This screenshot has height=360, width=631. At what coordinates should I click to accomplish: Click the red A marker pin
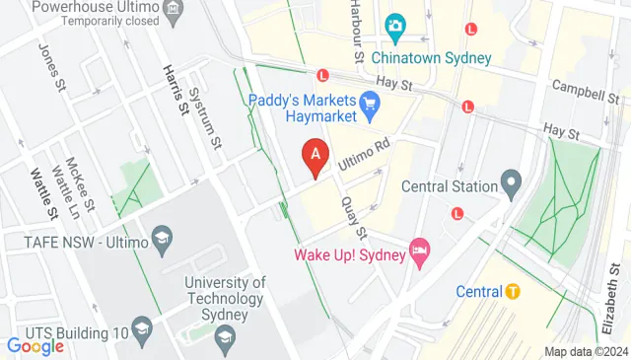pos(315,156)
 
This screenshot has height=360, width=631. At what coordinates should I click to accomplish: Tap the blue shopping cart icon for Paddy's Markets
pos(371,103)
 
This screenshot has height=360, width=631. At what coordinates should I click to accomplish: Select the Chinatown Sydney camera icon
pos(395,27)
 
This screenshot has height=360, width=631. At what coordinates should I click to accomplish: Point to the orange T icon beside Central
pos(513,291)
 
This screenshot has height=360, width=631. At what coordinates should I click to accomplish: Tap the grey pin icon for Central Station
pos(511,181)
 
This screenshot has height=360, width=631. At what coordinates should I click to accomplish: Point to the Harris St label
pos(175,87)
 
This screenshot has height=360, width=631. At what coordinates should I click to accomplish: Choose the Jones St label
pos(49,62)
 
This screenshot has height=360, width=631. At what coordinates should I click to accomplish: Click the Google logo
pos(35,345)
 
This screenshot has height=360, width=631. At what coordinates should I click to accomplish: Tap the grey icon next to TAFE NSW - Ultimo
pos(163,238)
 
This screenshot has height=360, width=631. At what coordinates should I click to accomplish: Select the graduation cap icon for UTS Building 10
pos(142,330)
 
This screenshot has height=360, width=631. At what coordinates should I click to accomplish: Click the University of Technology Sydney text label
pos(226,298)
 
